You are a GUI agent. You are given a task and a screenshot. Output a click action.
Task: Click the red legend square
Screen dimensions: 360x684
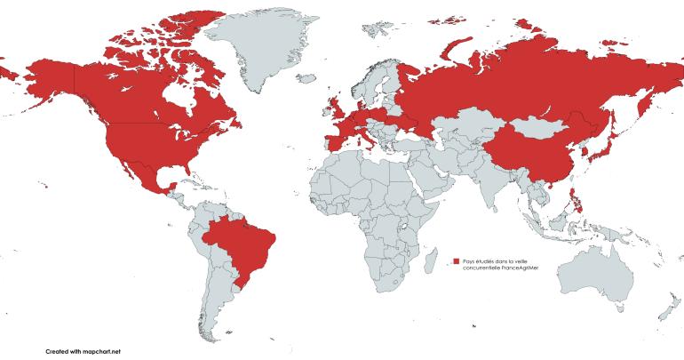click(455, 260)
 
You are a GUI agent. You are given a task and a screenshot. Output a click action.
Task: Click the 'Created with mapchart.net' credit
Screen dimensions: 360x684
click(83, 351)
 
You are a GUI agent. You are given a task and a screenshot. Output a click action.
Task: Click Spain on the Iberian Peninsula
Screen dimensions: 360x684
click(333, 142)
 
